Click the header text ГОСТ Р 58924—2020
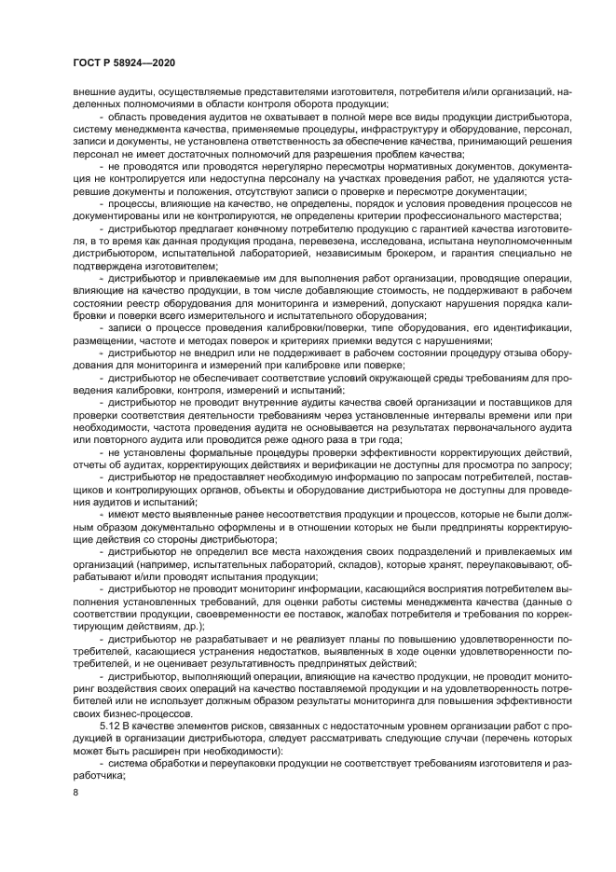[x=123, y=62]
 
